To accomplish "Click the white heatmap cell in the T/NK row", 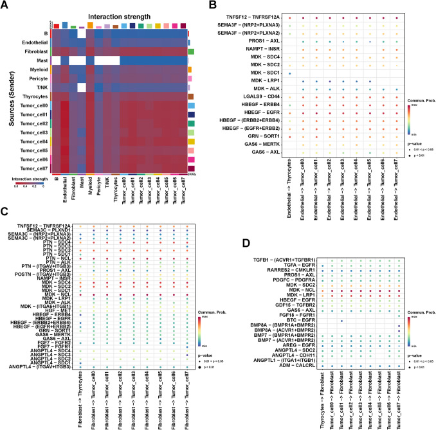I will tap(82, 87).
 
